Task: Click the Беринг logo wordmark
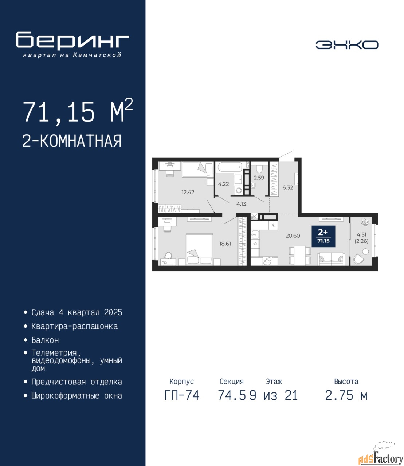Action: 72,41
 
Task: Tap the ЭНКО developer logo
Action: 347,45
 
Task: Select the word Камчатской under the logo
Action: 97,55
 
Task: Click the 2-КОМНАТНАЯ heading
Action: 72,141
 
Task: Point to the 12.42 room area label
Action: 188,192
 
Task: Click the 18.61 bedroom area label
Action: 225,244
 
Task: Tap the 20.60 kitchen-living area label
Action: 293,236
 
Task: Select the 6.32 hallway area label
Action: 287,187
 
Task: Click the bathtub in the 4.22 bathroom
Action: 230,167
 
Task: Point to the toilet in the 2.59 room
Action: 259,169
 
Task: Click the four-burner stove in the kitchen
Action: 267,261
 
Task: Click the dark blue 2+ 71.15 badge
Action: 323,236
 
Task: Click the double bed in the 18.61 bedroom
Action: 199,249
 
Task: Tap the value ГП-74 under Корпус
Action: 182,395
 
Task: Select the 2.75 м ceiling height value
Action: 346,395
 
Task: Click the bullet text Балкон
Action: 45,340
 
